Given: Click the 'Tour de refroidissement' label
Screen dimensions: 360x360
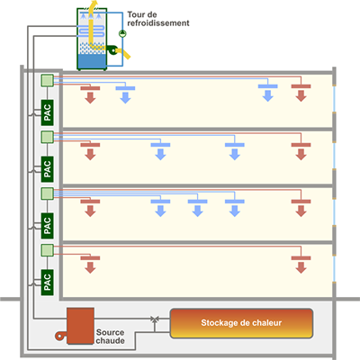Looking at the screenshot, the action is pos(158,19).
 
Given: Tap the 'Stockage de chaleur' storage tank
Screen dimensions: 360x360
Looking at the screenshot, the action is pos(241,323).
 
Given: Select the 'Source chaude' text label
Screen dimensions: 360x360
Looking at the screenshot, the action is pos(110,337).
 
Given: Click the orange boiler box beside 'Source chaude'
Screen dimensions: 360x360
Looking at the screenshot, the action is pos(80,326).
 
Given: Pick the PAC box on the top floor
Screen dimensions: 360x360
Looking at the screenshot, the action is pos(48,112).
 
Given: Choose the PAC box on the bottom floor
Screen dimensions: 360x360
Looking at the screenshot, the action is pos(48,283).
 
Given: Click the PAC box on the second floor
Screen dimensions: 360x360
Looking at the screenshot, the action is pos(48,169).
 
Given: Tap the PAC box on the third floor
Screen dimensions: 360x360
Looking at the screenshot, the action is pos(48,226).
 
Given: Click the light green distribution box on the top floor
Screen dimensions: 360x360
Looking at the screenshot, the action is pos(47,81).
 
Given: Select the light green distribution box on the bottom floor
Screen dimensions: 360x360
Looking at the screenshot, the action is pos(47,250).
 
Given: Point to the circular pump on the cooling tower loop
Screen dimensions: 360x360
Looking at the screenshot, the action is pos(122,33).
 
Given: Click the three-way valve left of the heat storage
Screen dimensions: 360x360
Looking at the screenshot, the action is pos(155,319).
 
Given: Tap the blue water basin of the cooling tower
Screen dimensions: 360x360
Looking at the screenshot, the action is pos(92,61).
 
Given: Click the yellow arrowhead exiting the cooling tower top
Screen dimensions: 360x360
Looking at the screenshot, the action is pos(94,4).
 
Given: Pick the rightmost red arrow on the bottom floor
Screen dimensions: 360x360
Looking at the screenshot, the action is pos(301,267).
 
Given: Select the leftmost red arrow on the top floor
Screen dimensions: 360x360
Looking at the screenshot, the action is pos(90,98).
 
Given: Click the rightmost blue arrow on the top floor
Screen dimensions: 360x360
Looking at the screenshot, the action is pos(268,96).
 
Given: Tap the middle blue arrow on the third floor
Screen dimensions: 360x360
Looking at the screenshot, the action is pos(197,211).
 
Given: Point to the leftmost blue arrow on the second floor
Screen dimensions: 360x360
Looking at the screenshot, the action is pos(160,154).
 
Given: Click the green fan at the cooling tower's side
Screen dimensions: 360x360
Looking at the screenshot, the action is pos(112,50).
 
